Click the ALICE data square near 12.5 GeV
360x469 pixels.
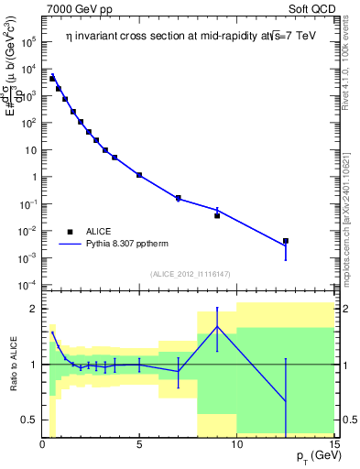286,241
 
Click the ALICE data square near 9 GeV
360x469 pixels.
217,215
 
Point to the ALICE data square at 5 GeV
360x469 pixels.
139,174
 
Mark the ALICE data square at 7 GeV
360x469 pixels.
179,198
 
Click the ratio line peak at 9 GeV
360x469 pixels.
217,327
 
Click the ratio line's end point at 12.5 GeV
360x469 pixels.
286,401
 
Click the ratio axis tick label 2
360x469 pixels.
32,309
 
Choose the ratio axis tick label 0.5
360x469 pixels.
28,420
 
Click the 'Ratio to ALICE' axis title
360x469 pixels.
11,365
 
